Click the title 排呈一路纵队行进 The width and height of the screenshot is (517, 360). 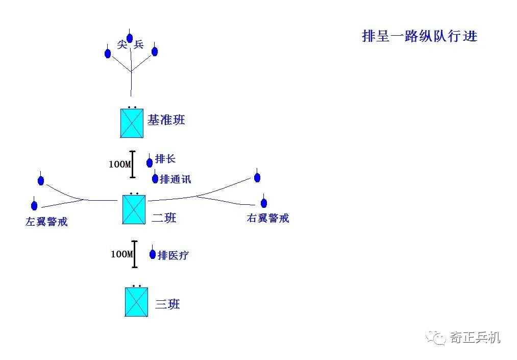pyautogui.click(x=419, y=37)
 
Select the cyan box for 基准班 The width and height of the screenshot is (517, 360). pyautogui.click(x=132, y=123)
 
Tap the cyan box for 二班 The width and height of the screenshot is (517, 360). pyautogui.click(x=134, y=209)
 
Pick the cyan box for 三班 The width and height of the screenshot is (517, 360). pyautogui.click(x=136, y=302)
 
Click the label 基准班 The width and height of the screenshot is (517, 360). pyautogui.click(x=166, y=121)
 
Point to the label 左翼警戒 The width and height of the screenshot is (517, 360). pyautogui.click(x=46, y=222)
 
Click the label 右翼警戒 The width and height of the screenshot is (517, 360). pyautogui.click(x=268, y=219)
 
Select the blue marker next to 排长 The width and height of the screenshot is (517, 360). pyautogui.click(x=150, y=162)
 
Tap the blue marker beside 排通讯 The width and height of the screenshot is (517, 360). pyautogui.click(x=155, y=178)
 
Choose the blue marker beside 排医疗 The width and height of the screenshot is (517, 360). pyautogui.click(x=153, y=254)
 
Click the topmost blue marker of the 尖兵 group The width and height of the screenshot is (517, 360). pyautogui.click(x=130, y=38)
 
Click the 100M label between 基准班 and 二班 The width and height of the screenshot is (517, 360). pyautogui.click(x=119, y=165)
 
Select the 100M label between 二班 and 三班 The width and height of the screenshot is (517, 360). pyautogui.click(x=121, y=254)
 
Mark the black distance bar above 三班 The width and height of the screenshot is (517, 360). pyautogui.click(x=135, y=254)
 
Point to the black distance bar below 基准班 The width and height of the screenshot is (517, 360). pyautogui.click(x=133, y=164)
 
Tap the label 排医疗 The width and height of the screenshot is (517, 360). pyautogui.click(x=174, y=255)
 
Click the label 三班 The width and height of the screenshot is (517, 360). pyautogui.click(x=167, y=305)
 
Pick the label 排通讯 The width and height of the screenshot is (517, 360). pyautogui.click(x=176, y=179)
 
